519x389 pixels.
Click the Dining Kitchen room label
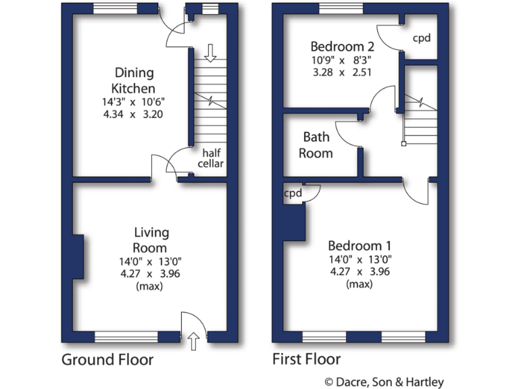134,80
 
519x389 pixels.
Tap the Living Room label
150,240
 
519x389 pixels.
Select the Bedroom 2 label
342,47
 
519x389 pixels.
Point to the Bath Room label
317,145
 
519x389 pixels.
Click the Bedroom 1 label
360,246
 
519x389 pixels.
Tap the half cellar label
210,158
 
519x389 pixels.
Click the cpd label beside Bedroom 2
422,38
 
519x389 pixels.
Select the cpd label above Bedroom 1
293,193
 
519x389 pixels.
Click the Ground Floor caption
107,359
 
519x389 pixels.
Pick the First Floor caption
306,359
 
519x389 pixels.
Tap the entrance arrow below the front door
194,342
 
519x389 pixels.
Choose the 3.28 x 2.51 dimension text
342,72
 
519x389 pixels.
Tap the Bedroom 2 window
340,8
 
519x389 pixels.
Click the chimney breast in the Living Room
78,257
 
